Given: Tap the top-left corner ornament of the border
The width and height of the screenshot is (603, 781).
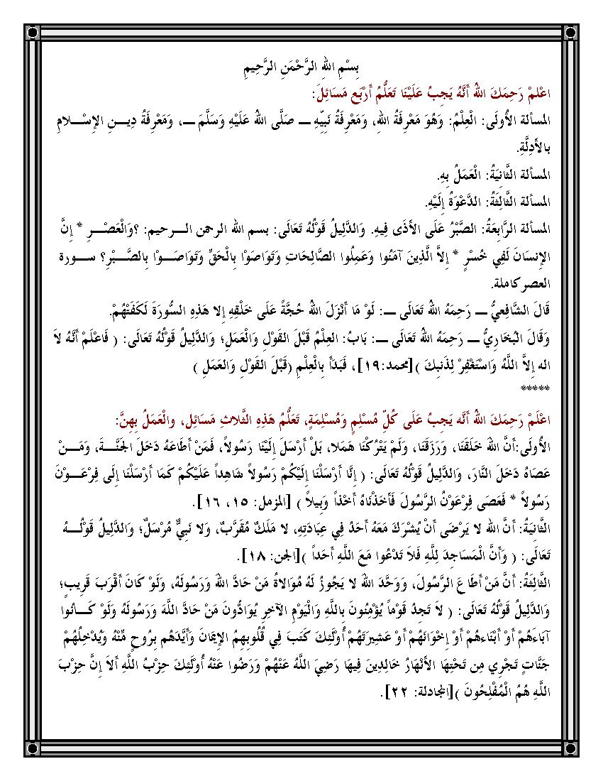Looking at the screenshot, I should pos(31,32).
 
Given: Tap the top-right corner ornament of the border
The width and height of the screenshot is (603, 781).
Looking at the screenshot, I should pos(571,32).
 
